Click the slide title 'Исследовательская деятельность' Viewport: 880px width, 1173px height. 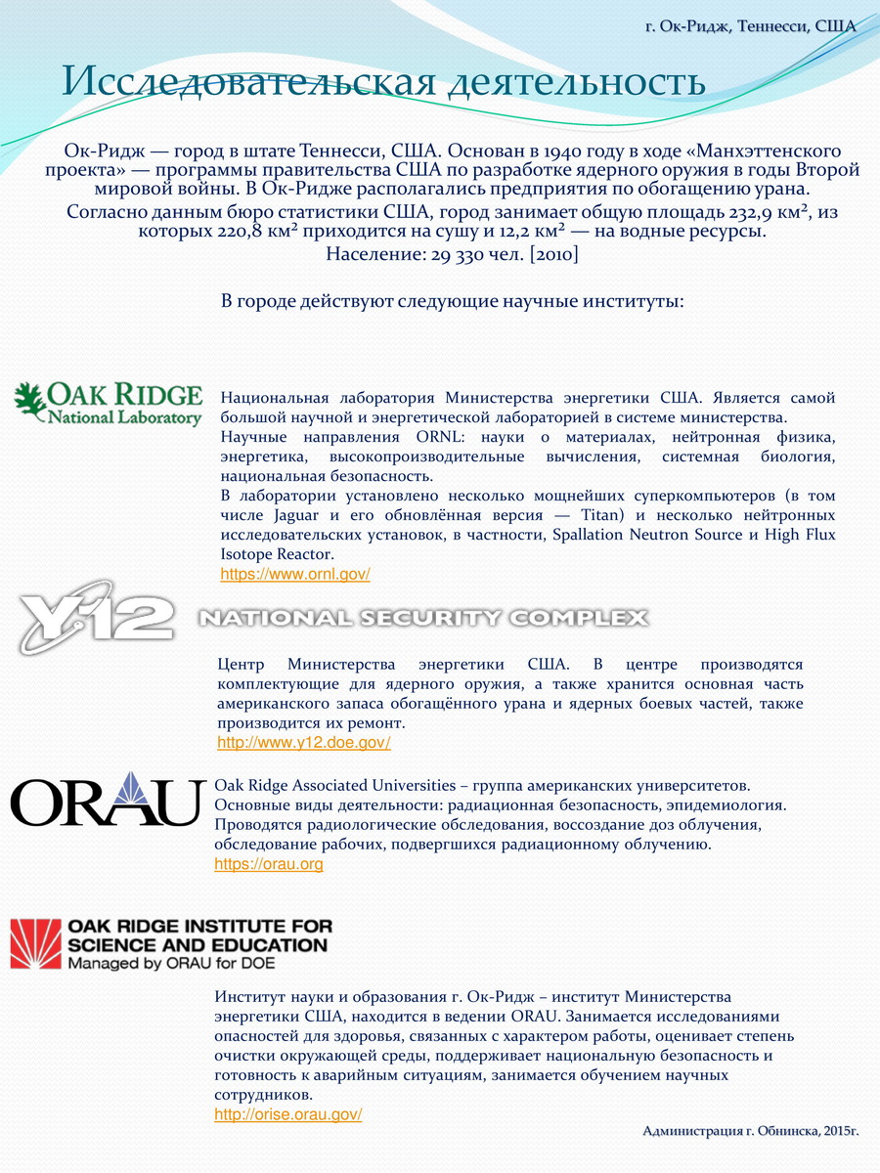pos(383,82)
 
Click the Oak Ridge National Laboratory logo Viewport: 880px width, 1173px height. pos(108,404)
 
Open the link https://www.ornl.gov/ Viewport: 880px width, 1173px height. pos(295,575)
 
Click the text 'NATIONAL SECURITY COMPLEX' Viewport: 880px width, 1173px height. pos(422,618)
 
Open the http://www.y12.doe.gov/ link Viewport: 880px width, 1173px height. pos(303,743)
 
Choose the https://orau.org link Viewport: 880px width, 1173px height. pos(269,864)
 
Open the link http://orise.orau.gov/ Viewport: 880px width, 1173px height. pos(288,1114)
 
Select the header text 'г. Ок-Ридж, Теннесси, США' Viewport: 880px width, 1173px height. pos(750,25)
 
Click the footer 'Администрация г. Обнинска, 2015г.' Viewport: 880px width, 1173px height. pos(750,1131)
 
